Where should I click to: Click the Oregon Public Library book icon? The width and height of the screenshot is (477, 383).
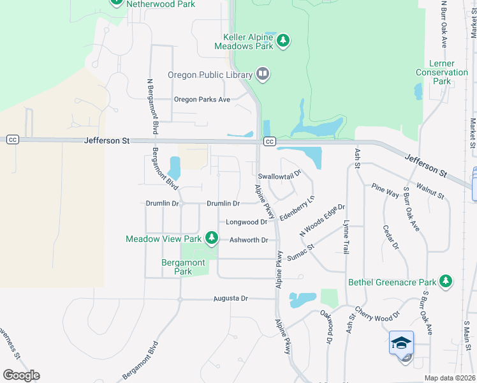pos(263,75)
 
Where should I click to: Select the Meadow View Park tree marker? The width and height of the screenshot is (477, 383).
pos(211,239)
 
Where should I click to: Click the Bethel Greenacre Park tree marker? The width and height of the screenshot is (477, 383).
pos(446,282)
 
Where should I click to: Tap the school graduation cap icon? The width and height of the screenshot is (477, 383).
pos(401,343)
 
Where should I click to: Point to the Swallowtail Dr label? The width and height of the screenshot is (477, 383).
pos(279,174)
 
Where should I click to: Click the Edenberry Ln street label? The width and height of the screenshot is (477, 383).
pos(297,208)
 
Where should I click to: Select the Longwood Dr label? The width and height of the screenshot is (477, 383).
pos(246,222)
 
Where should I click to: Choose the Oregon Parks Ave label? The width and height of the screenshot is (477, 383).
pos(202,100)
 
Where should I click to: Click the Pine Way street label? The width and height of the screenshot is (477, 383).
pos(385,190)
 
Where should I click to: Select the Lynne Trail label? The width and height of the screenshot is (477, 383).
pos(346,237)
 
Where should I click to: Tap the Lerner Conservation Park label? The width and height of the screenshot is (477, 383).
pos(442,73)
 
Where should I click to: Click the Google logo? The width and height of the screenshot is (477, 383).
pos(21,375)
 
